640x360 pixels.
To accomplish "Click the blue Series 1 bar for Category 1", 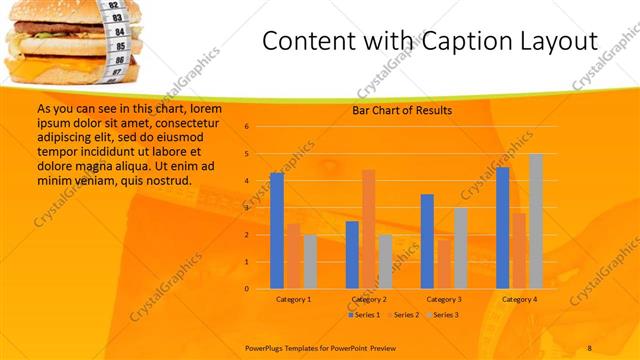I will click(277, 231).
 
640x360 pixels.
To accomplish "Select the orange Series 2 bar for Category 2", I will click(368, 229).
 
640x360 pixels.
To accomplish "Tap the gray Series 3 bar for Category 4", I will click(536, 221).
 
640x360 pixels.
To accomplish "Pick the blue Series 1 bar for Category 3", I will click(427, 241).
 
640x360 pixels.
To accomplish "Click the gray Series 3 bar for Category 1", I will click(310, 261).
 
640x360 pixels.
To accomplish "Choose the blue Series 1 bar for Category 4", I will click(502, 228).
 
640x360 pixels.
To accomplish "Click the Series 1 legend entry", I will click(364, 315).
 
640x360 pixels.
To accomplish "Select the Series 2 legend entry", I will click(402, 315).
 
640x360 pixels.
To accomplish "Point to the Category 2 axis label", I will click(369, 299).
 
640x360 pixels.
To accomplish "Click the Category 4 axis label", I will click(520, 299).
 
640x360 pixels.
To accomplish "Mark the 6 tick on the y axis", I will click(246, 127).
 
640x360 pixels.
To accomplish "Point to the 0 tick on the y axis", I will click(246, 289).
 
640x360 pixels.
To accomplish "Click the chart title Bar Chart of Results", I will click(402, 110).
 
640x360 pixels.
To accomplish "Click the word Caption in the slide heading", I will click(447, 42).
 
